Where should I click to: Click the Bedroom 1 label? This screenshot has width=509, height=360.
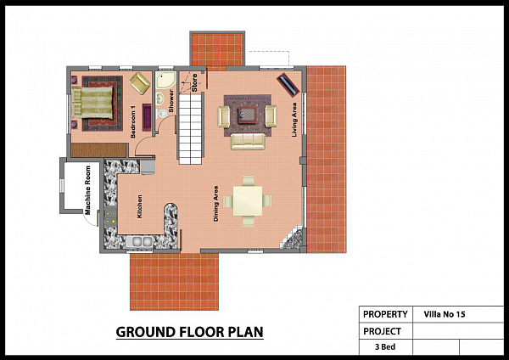(133, 121)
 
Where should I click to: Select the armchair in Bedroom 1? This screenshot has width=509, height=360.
(140, 83)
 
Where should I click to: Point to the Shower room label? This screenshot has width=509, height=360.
(171, 101)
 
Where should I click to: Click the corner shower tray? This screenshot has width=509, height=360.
(165, 80)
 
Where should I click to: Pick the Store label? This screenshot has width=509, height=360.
(194, 82)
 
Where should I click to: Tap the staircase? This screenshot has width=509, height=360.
(190, 128)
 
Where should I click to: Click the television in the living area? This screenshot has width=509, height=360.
(288, 84)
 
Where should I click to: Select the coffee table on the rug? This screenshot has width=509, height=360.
(248, 115)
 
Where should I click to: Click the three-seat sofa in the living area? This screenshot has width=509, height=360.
(248, 142)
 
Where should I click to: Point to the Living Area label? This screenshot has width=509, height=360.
(294, 120)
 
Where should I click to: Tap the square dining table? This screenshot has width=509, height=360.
(248, 200)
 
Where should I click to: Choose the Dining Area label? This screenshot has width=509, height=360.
(215, 204)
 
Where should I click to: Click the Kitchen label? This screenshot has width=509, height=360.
(140, 206)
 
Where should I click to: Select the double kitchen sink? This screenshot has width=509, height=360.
(140, 241)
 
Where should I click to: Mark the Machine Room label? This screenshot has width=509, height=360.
(87, 190)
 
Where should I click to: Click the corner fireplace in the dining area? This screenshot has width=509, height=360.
(294, 238)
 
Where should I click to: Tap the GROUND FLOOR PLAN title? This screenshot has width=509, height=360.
(189, 332)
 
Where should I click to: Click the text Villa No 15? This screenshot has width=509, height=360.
(444, 314)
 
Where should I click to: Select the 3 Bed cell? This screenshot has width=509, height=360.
(385, 347)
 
